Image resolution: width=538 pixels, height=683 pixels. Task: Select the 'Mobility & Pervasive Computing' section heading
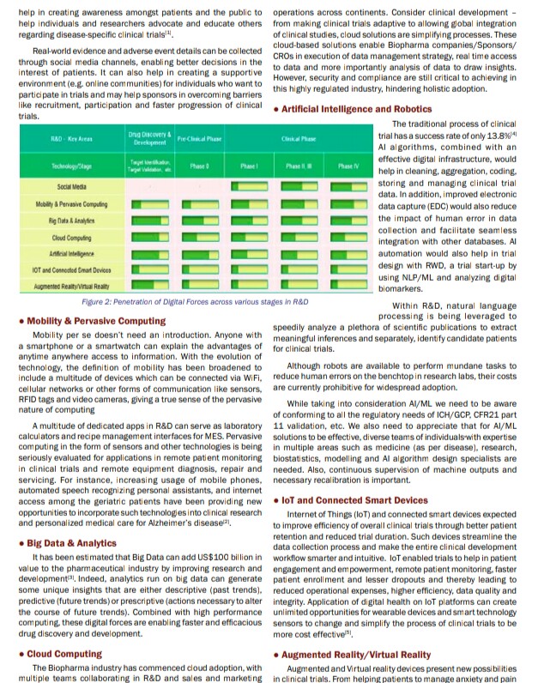click(x=97, y=320)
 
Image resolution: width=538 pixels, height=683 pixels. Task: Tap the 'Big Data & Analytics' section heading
click(x=71, y=543)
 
